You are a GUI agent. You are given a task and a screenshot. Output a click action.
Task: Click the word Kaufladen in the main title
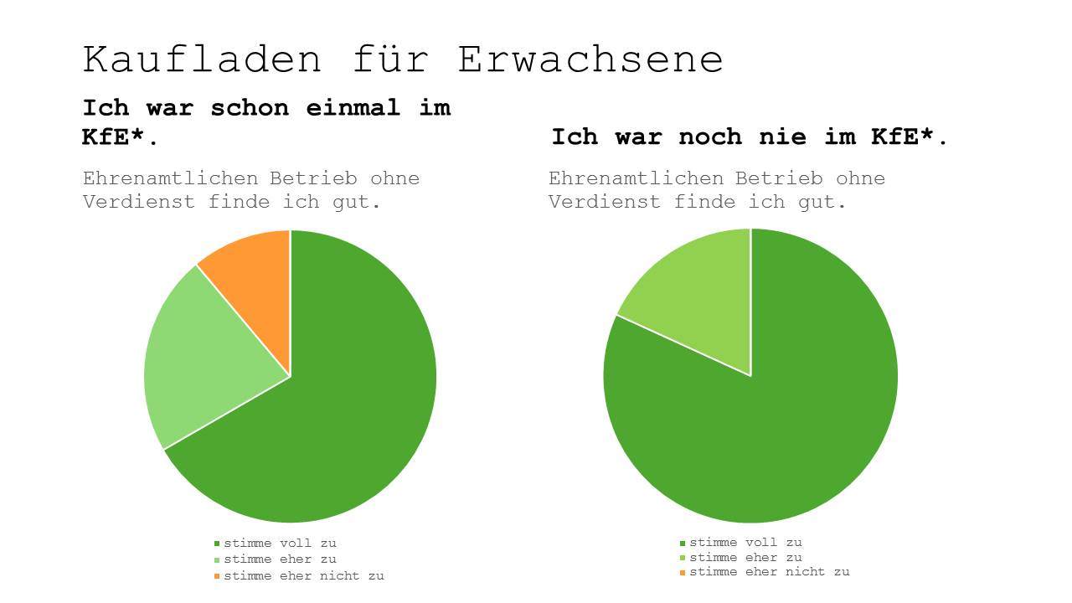click(x=202, y=60)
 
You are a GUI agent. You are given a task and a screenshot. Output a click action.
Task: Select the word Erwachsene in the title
click(x=590, y=60)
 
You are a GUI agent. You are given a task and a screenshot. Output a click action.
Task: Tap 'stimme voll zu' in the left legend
click(x=280, y=544)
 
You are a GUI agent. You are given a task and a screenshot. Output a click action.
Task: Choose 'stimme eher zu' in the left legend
click(x=280, y=559)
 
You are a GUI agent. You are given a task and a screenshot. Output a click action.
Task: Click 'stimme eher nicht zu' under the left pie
click(x=303, y=576)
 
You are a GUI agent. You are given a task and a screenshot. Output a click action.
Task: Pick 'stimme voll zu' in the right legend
click(x=745, y=543)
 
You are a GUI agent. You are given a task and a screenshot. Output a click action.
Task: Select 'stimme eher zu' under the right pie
click(x=745, y=558)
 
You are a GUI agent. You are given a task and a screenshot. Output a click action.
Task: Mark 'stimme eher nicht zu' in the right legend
click(x=769, y=572)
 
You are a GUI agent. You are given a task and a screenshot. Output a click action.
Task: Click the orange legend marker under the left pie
click(x=217, y=576)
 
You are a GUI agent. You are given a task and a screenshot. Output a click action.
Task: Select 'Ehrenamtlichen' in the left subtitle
click(x=172, y=178)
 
